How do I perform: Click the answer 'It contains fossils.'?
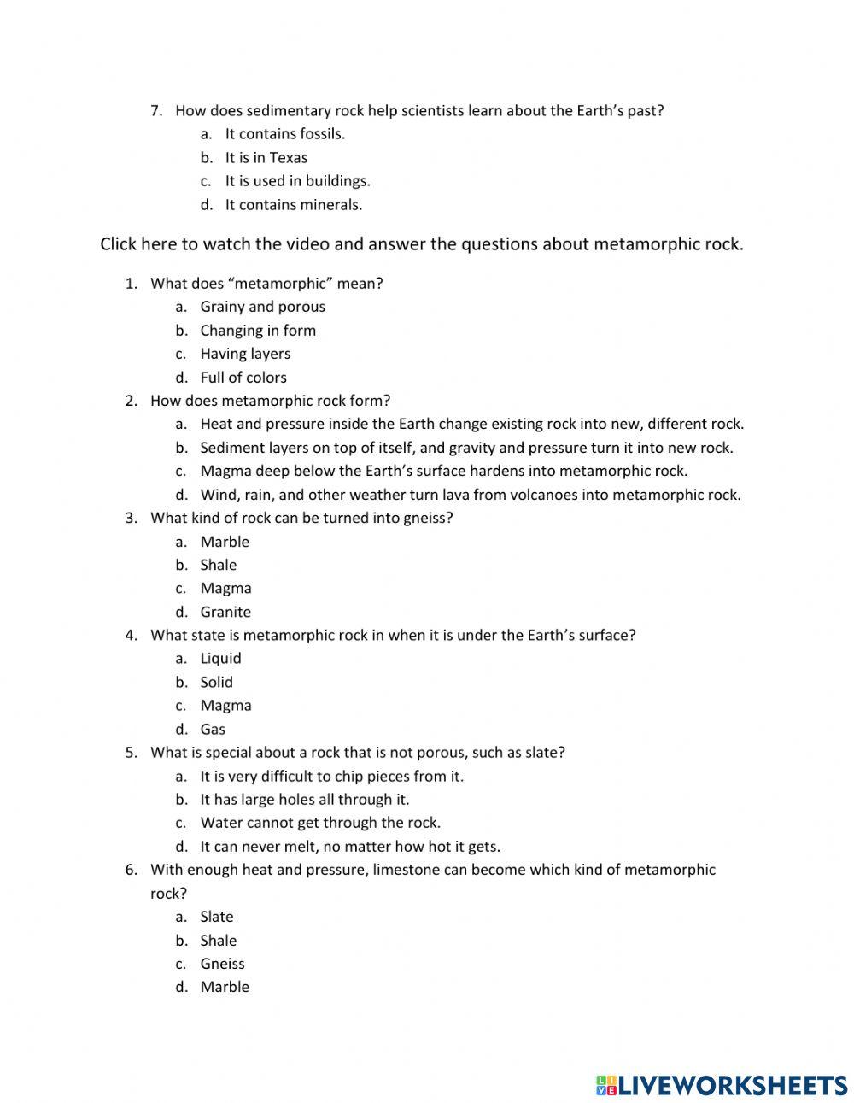click(284, 134)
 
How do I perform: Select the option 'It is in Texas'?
click(266, 158)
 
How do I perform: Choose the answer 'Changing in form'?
click(258, 331)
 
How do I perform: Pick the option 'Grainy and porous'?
click(262, 307)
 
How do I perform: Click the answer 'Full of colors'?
click(243, 378)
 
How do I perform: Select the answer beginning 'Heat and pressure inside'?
click(471, 424)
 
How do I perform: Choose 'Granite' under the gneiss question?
click(225, 612)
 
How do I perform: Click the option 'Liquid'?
click(220, 659)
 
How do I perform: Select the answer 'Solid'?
click(216, 682)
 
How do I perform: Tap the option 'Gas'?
click(213, 729)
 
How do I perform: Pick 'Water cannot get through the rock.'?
click(320, 823)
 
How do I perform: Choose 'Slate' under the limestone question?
click(216, 917)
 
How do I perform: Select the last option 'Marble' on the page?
click(225, 987)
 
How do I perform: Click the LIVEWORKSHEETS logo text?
click(731, 1085)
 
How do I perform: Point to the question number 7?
click(155, 110)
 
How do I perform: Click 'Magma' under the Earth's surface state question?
click(225, 706)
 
